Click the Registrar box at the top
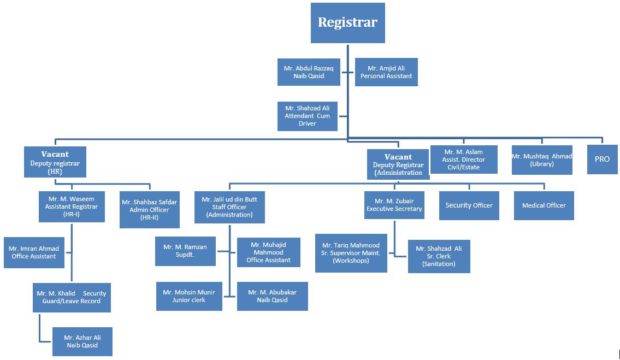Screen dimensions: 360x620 347,23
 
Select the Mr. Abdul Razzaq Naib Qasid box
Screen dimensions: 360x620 309,72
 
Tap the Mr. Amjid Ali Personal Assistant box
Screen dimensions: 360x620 386,72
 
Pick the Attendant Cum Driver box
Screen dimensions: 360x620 307,116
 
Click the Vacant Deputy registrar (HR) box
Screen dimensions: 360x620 55,162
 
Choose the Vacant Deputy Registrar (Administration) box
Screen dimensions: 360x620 398,164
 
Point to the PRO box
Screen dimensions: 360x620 602,159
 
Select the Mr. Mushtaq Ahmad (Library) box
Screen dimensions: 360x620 541,160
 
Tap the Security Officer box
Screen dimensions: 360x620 469,205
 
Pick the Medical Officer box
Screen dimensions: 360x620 544,205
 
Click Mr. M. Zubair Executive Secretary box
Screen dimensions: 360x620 394,205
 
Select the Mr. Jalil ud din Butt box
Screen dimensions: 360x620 229,207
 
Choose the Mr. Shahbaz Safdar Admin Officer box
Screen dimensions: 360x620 149,209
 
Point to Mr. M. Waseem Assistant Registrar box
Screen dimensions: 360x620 72,206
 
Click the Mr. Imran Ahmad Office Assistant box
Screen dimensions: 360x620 34,252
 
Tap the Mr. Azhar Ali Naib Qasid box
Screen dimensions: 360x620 82,341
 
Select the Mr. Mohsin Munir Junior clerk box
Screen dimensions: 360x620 189,296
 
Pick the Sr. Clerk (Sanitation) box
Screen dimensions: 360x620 439,256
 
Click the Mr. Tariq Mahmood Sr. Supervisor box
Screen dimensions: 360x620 351,253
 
